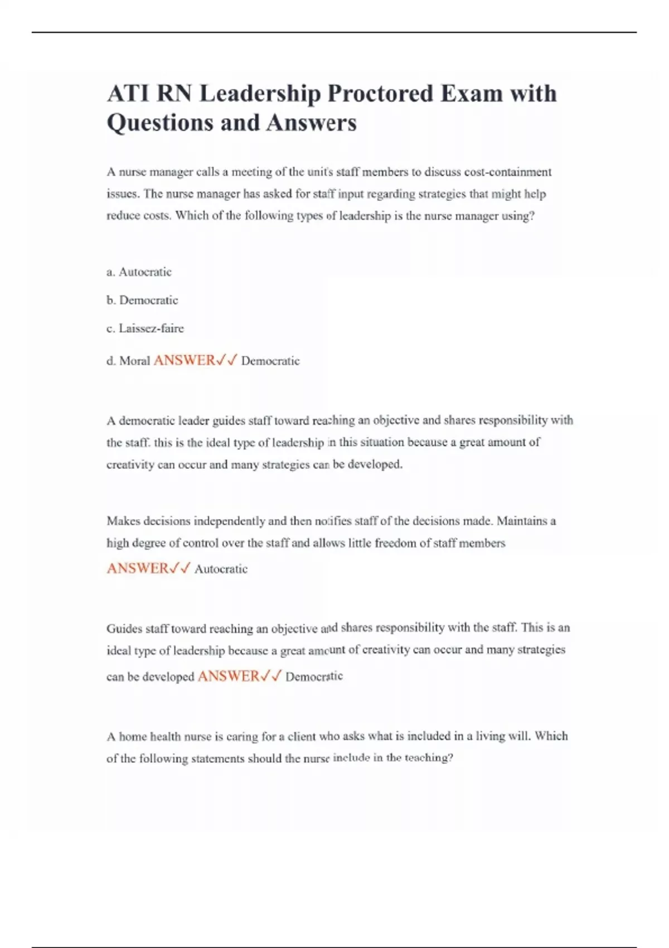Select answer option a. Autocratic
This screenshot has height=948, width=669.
[x=139, y=272]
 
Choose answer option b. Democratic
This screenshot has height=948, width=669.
[x=142, y=300]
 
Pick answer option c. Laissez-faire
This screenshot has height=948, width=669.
[x=145, y=328]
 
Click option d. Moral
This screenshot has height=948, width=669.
[x=128, y=361]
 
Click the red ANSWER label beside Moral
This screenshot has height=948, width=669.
[x=185, y=360]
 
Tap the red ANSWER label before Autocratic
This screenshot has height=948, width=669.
[x=138, y=568]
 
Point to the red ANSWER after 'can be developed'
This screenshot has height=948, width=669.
[x=229, y=676]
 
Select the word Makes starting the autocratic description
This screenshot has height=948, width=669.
[x=123, y=521]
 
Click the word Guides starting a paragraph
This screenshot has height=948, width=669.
[x=124, y=628]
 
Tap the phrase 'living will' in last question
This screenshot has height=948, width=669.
[x=502, y=736]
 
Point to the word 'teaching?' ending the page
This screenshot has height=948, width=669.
[x=429, y=758]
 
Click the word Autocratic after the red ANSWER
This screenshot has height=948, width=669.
[x=221, y=569]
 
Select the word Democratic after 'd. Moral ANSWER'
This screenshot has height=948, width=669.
[x=270, y=361]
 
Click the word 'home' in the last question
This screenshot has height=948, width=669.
[x=133, y=737]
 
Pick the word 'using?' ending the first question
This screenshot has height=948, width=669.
[x=518, y=216]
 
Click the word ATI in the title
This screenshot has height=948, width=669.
[x=127, y=94]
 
